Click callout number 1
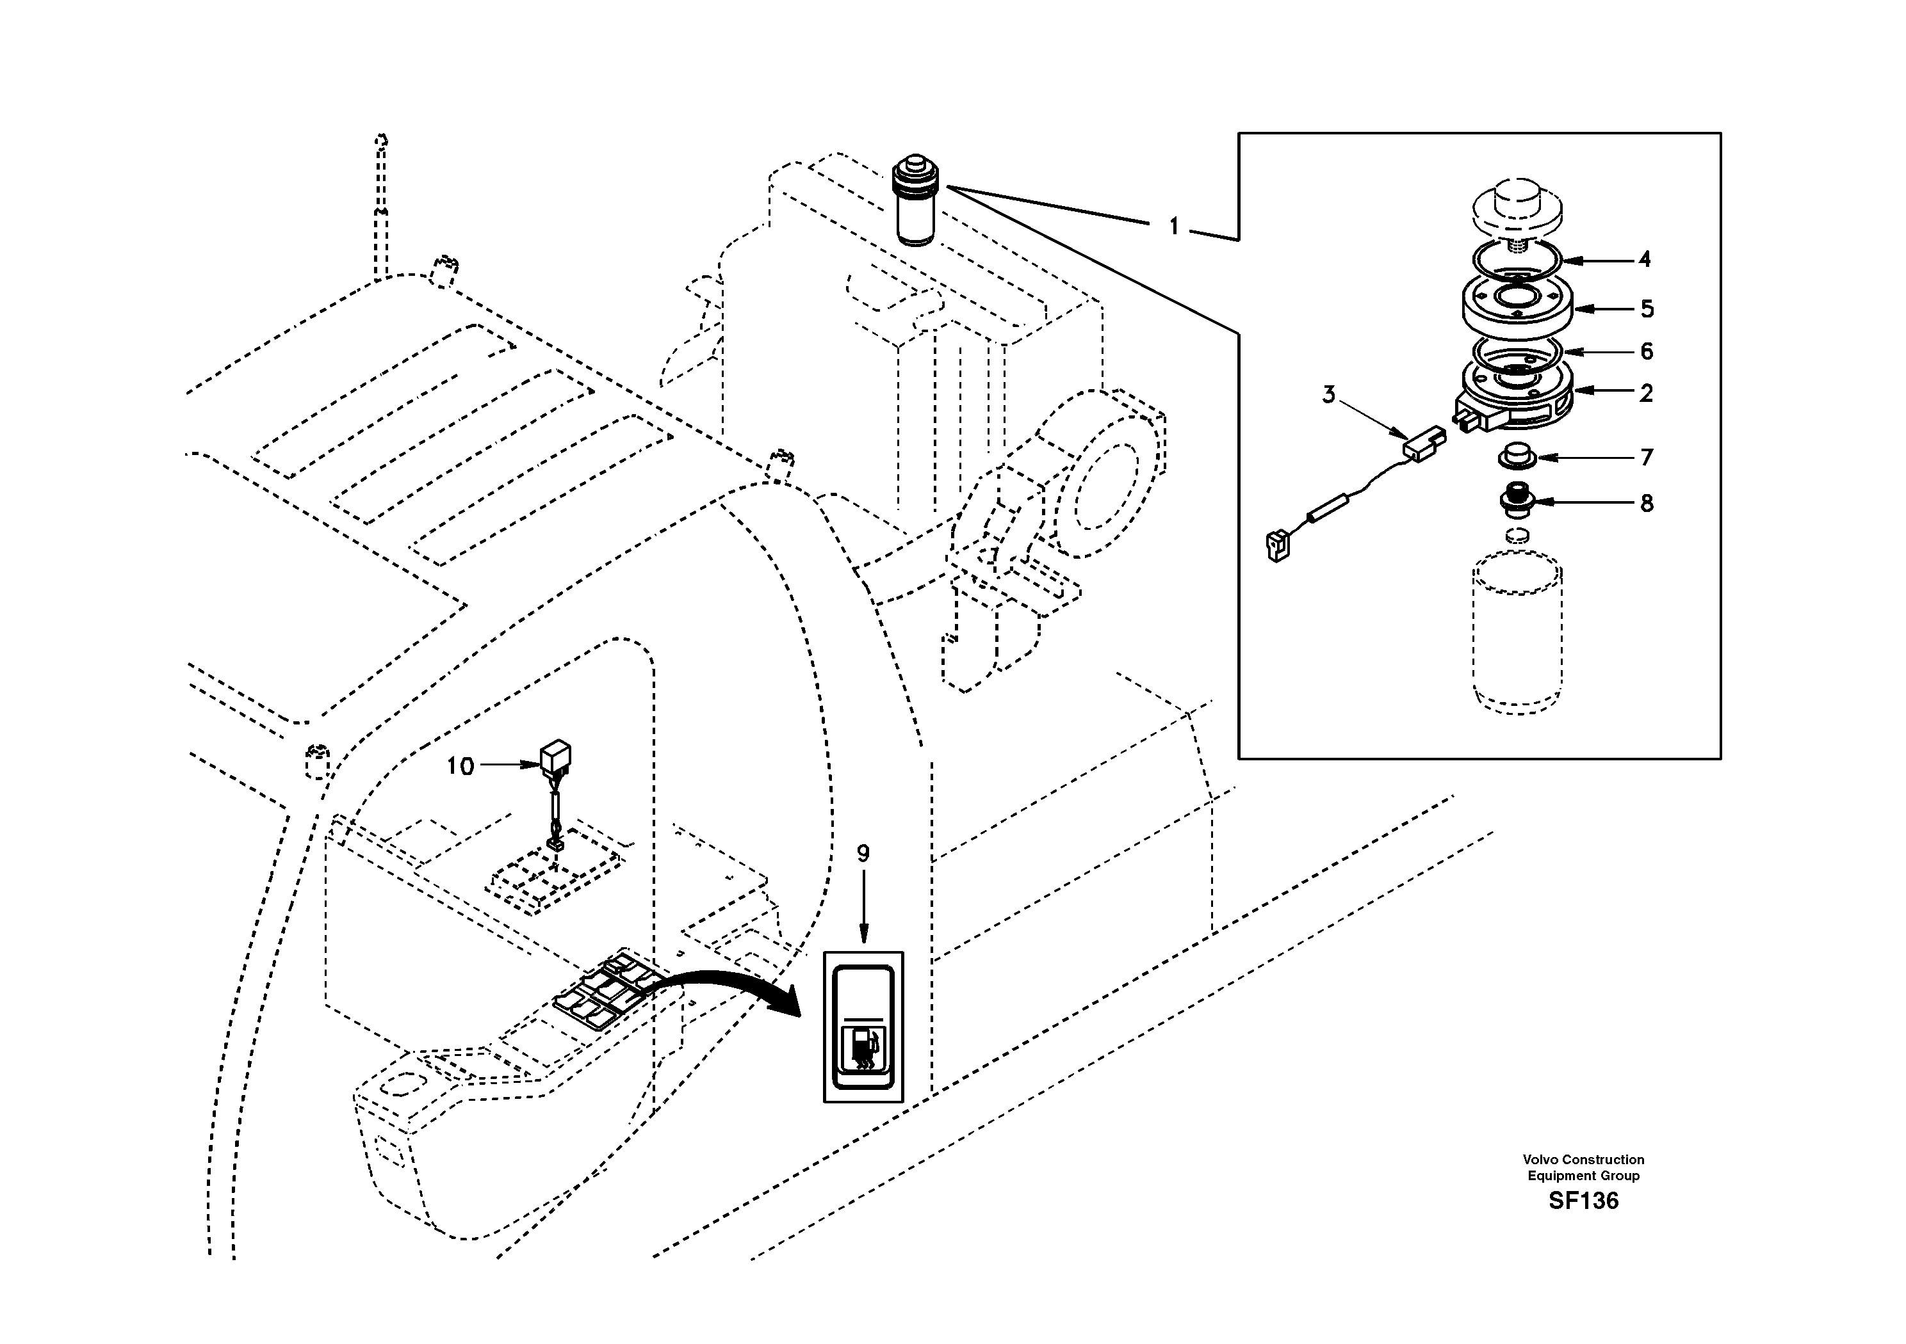click(x=1173, y=227)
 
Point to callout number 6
click(x=1646, y=352)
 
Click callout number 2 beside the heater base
click(x=1646, y=393)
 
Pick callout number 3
click(x=1328, y=395)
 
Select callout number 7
click(x=1646, y=457)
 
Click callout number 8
click(x=1646, y=503)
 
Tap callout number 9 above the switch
click(x=863, y=854)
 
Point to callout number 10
click(x=460, y=765)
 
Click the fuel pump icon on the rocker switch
click(x=863, y=1050)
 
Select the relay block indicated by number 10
click(x=555, y=756)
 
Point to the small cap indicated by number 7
click(x=1516, y=457)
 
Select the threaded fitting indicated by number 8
click(x=1516, y=501)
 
